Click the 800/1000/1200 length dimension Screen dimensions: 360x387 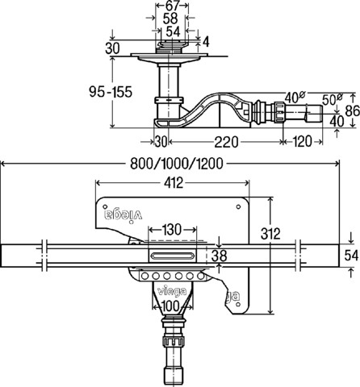coord(177,163)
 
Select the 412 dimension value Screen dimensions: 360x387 coord(174,183)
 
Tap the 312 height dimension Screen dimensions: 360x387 coord(270,234)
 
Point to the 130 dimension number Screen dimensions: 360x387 coord(171,230)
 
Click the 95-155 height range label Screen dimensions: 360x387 coord(111,92)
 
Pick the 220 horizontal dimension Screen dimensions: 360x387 coord(226,142)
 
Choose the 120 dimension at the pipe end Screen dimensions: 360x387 coord(302,141)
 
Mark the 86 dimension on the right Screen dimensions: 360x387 coord(353,110)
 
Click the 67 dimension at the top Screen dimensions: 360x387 coord(172,6)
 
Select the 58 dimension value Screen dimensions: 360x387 coord(170,19)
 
